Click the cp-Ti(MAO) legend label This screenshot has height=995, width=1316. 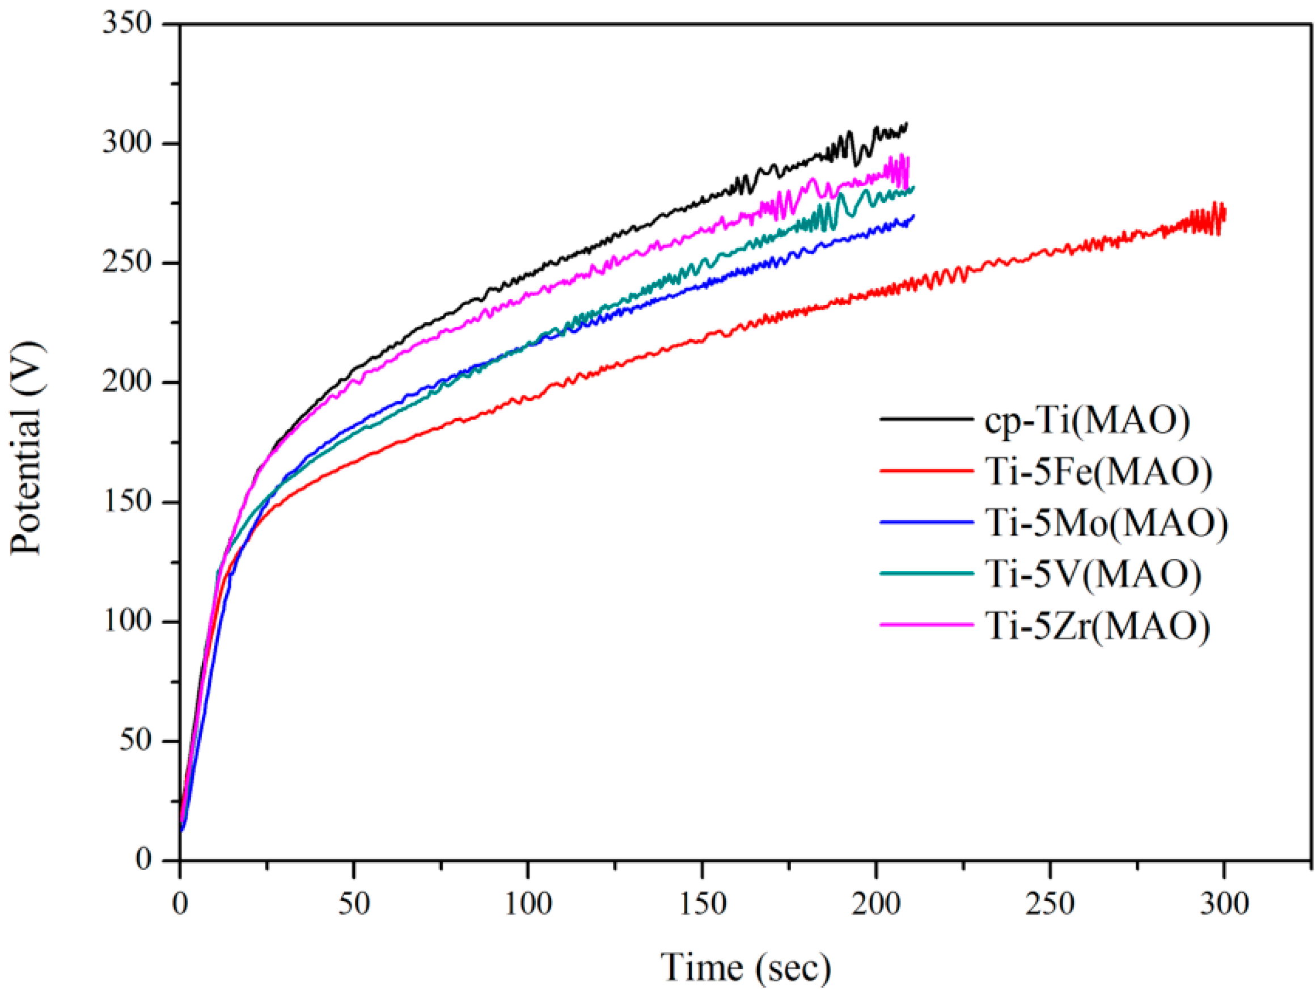1087,421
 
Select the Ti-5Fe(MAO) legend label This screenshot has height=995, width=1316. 1098,473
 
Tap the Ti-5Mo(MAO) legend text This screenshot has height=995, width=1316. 1107,524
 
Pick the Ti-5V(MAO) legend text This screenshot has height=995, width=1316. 1093,575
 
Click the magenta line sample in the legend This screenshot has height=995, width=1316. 927,625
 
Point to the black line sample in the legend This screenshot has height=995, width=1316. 927,420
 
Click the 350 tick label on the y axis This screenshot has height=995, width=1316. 126,24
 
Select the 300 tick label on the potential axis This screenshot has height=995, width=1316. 126,144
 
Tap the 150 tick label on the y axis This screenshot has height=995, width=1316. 126,501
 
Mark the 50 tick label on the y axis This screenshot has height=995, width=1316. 136,741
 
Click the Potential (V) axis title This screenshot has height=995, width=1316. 27,448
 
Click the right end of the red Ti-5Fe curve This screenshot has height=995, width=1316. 1224,214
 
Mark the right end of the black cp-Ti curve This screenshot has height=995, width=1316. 907,124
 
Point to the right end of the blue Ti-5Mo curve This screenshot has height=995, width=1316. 913,216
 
